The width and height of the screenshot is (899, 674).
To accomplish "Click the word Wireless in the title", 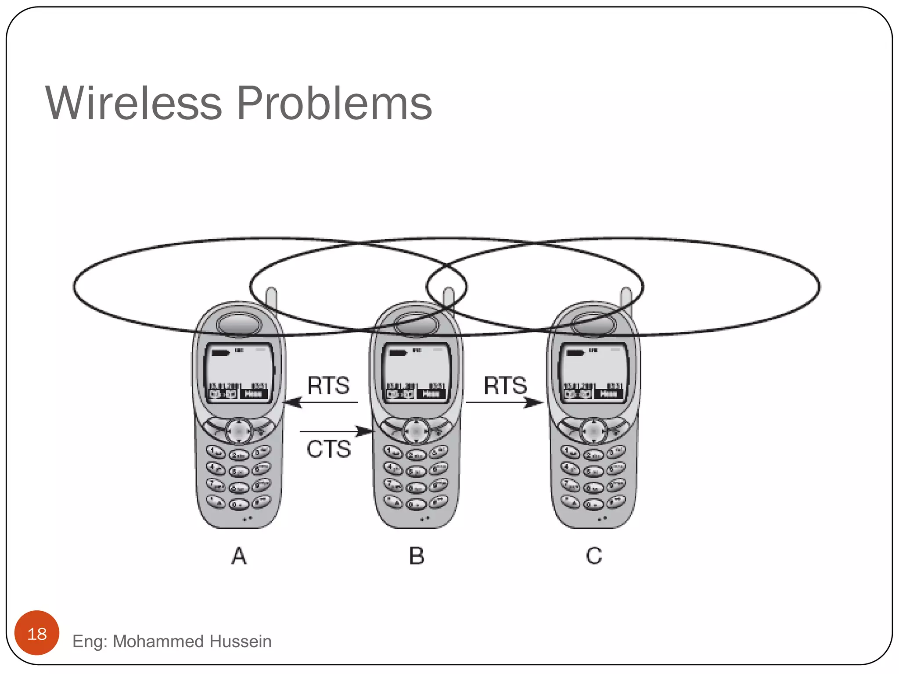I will click(134, 103).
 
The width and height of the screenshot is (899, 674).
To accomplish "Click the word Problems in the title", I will click(334, 104).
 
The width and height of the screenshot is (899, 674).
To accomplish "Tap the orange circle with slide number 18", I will click(37, 633).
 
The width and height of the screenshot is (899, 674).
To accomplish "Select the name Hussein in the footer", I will click(241, 641).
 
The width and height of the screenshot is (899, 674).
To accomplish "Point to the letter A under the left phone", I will click(239, 556).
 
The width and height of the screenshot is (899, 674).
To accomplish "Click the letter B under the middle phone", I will click(417, 556).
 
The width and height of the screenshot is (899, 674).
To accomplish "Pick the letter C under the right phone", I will click(594, 556).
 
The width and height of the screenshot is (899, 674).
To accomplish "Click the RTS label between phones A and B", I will click(328, 385).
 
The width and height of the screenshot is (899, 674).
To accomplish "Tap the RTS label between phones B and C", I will click(505, 385).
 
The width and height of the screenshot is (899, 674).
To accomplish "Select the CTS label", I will click(329, 449).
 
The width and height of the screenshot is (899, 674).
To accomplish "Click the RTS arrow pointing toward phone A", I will click(320, 402).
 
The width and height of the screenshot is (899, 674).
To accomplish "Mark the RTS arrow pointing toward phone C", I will click(505, 402).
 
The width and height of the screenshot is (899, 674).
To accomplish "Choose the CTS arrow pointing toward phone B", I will click(336, 431).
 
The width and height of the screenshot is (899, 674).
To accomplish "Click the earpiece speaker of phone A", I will click(239, 325).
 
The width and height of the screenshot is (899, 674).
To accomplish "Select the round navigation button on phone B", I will click(416, 431).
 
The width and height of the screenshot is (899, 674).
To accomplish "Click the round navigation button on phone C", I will click(593, 431).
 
